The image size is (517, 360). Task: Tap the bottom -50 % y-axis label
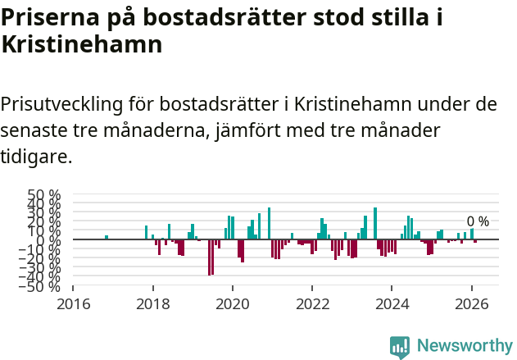[x=42, y=286]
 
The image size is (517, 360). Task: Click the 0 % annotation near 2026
[x=478, y=221]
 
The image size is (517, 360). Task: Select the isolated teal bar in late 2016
[x=107, y=238]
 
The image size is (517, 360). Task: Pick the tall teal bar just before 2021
[x=269, y=223]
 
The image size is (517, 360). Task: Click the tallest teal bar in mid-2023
[x=375, y=223]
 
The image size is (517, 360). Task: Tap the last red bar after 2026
[x=475, y=242]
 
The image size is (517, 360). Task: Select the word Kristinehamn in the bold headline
[x=82, y=46]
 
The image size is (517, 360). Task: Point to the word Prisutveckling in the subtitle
[x=62, y=105]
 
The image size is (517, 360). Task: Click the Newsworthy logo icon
[x=400, y=346]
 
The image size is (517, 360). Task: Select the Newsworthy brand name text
[x=465, y=346]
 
